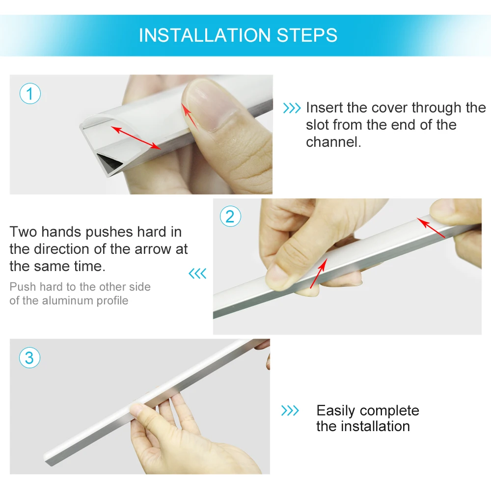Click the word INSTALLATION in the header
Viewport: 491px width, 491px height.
point(205,35)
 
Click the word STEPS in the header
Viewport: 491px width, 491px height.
point(307,35)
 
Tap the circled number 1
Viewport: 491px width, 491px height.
point(30,94)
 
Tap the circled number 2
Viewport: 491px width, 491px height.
point(230,217)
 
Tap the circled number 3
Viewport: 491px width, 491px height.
point(29,357)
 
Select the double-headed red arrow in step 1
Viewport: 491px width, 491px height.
point(136,138)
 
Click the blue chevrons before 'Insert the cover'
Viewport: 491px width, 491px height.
point(292,108)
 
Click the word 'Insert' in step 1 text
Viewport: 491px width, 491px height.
point(324,108)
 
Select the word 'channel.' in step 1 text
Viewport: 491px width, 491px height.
point(333,142)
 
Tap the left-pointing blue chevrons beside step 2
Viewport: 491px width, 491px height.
point(197,273)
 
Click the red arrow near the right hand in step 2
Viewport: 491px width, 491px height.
point(431,228)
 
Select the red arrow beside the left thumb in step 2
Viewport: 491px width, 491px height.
point(319,273)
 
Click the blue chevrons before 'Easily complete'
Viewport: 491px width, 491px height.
point(290,410)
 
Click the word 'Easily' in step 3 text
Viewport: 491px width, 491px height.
point(336,411)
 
